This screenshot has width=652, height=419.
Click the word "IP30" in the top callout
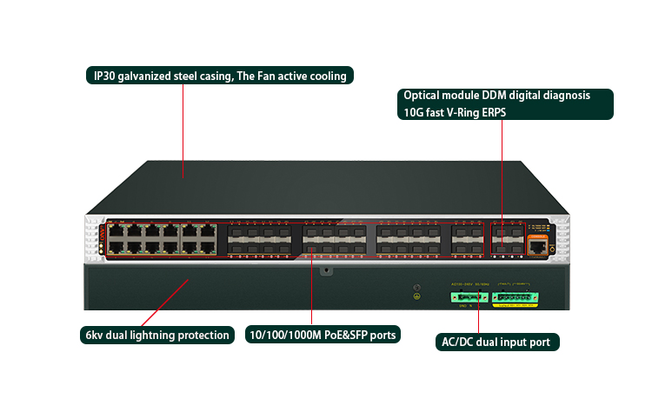click(x=109, y=76)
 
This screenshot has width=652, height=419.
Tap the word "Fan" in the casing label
click(x=259, y=76)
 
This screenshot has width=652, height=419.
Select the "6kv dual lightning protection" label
click(x=157, y=335)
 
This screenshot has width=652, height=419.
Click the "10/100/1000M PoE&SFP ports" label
click(x=322, y=335)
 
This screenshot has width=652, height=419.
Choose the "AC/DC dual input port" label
click(x=496, y=342)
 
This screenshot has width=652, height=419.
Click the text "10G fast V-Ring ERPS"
click(x=454, y=112)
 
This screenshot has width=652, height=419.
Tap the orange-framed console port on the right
click(x=538, y=247)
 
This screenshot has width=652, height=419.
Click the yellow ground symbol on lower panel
click(x=416, y=297)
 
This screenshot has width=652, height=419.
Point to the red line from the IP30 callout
click(x=183, y=130)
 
